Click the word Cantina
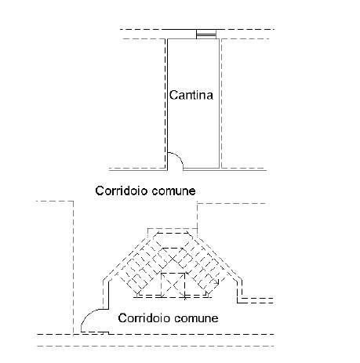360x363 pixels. tap(191, 95)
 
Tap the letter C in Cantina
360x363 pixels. tap(173, 95)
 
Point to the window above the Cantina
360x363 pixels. tap(206, 34)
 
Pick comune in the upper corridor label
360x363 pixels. tap(173, 191)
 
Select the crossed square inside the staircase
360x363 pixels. tap(173, 285)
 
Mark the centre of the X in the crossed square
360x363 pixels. tap(173, 285)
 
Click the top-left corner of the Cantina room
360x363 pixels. tap(167, 39)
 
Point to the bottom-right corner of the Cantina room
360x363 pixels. tap(219, 168)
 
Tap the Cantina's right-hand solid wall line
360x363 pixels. tap(219, 103)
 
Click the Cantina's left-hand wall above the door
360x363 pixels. tap(167, 96)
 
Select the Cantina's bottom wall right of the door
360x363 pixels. tap(201, 168)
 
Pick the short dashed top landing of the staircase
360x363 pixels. tap(173, 232)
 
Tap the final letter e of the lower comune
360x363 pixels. tap(215, 320)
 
